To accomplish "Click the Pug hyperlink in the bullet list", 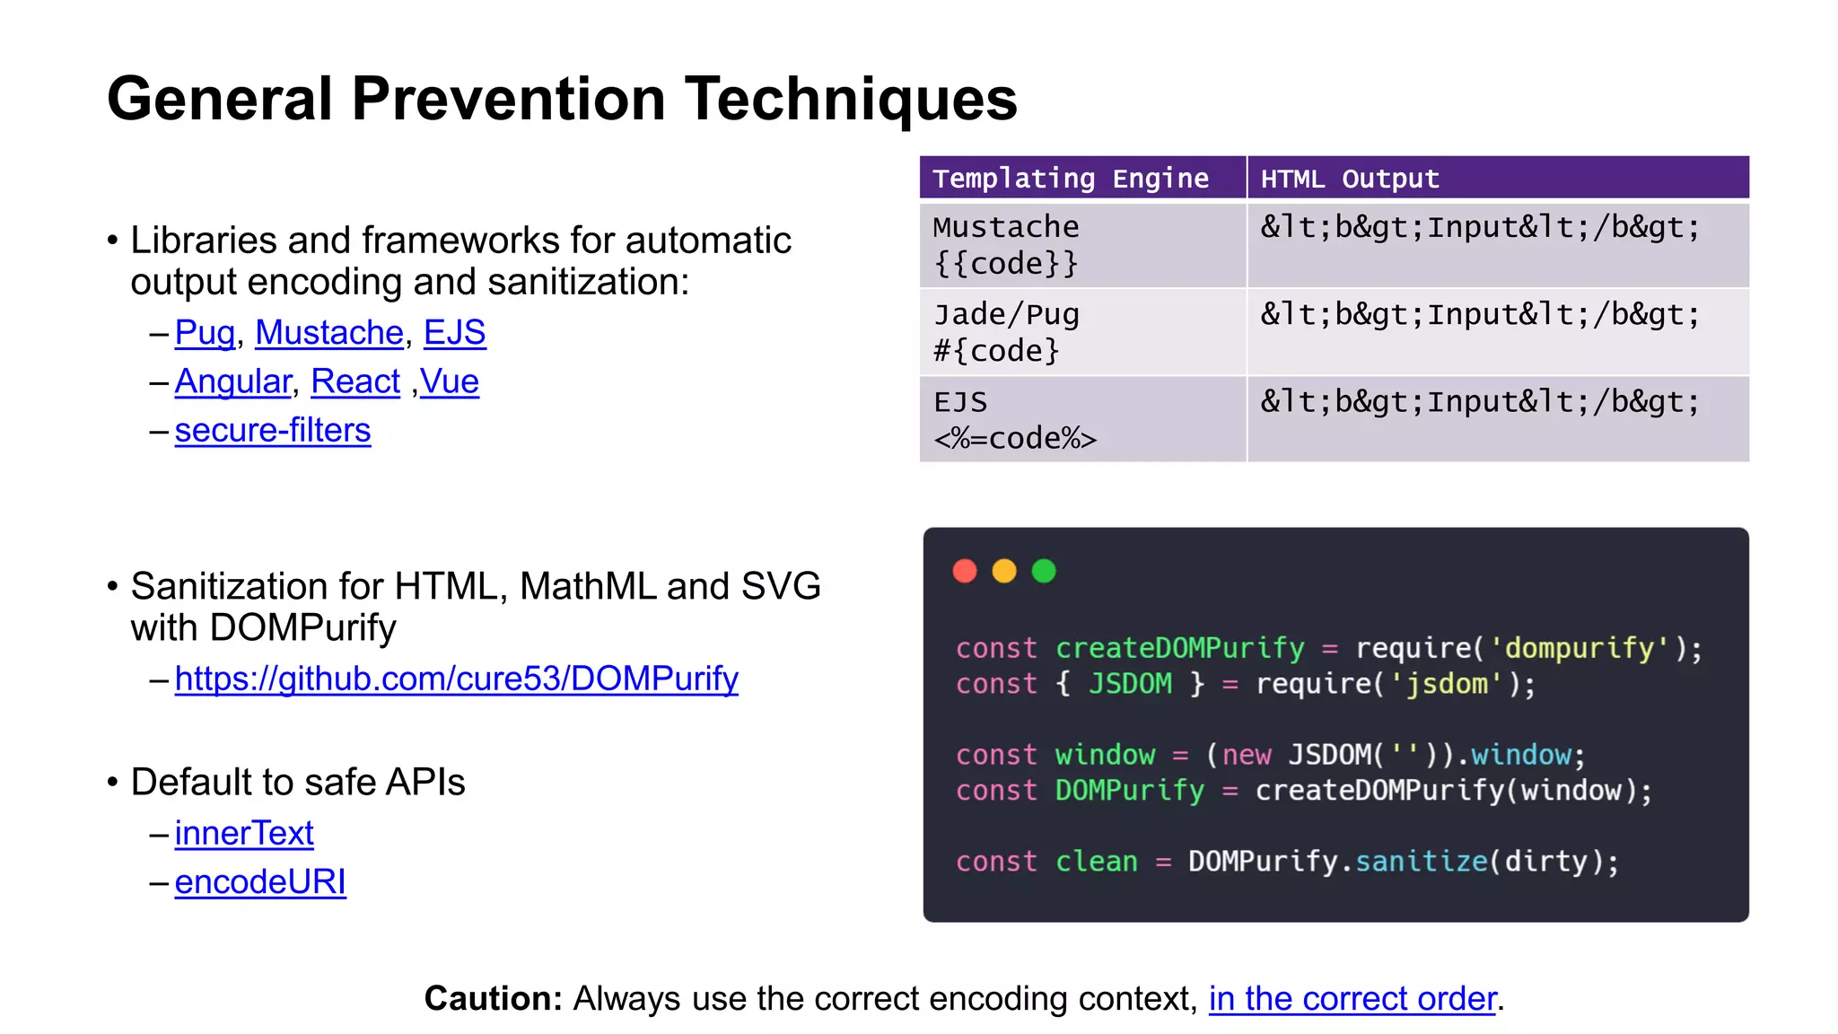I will [205, 333].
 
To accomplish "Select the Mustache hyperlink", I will [329, 333].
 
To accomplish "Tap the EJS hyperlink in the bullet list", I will [454, 333].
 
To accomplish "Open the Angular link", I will [232, 381].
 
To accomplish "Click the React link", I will [354, 381].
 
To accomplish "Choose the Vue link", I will [450, 381].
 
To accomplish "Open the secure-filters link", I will [272, 431].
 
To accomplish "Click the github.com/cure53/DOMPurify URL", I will [456, 679].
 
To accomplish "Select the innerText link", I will [244, 834].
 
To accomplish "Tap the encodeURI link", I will [260, 882].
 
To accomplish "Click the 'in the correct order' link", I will [1352, 998].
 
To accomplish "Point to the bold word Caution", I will [493, 998].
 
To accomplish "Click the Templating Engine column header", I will [1071, 179].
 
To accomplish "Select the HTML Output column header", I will [1350, 179].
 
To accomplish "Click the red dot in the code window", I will [965, 571].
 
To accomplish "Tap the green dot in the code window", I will [1044, 571].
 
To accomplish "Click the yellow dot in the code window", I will [1004, 571].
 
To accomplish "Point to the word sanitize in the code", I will [1421, 862].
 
